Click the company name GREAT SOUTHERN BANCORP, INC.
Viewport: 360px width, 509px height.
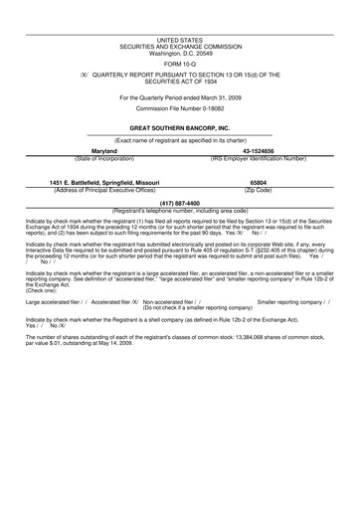tap(179, 129)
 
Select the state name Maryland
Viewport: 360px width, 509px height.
tap(105, 151)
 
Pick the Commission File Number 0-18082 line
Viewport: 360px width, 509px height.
tap(179, 108)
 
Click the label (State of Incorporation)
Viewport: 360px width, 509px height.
tap(105, 158)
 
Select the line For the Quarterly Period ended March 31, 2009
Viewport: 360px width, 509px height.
tap(179, 97)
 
